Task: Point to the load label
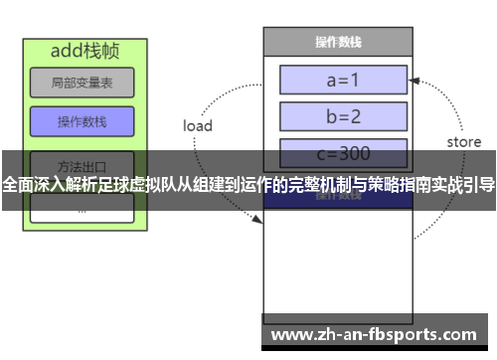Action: click(198, 126)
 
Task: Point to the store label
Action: click(463, 142)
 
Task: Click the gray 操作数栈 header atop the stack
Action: click(337, 43)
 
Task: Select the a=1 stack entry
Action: click(344, 79)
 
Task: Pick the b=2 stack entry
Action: click(344, 116)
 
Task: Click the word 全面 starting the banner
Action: click(17, 185)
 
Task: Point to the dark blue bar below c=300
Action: click(337, 197)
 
